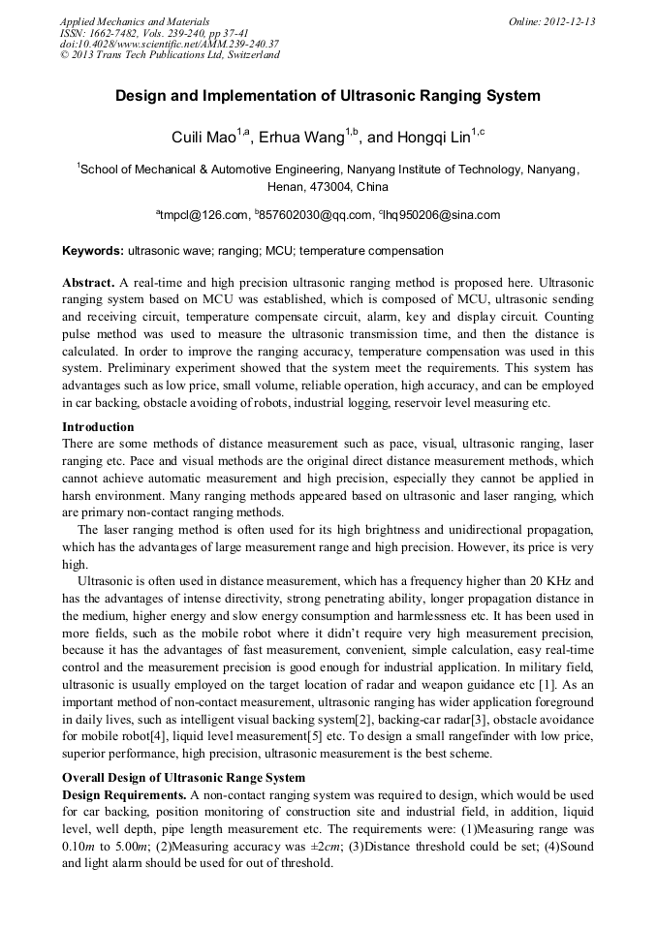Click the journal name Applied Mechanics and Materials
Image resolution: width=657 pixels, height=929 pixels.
click(135, 20)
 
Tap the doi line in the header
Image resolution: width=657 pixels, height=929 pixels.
click(170, 44)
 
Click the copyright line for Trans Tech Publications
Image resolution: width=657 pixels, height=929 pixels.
click(170, 55)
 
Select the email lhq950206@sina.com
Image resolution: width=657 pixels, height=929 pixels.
click(441, 215)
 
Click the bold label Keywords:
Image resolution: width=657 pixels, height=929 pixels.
click(93, 251)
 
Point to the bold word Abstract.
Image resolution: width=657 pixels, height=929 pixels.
click(89, 282)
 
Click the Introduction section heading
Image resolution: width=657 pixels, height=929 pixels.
click(98, 427)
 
